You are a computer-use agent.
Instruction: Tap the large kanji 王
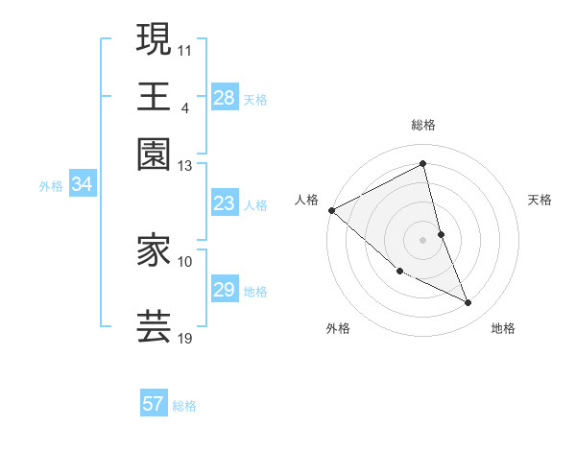click(x=154, y=96)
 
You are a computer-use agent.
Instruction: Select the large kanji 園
click(x=154, y=154)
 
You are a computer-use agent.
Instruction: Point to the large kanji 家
click(x=154, y=251)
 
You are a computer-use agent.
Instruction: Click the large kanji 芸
click(x=154, y=326)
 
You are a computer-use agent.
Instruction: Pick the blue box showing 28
click(x=225, y=98)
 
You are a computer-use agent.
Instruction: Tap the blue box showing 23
click(x=225, y=203)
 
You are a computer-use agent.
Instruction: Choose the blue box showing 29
click(x=225, y=290)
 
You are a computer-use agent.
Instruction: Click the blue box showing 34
click(x=82, y=185)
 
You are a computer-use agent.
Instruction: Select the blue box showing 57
click(x=154, y=405)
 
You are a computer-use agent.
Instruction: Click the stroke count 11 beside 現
click(x=184, y=48)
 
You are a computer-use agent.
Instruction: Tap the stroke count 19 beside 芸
click(x=185, y=338)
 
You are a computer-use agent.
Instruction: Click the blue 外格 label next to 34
click(x=51, y=186)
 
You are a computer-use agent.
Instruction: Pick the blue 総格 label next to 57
click(x=184, y=406)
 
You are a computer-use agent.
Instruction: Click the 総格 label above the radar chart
click(x=423, y=126)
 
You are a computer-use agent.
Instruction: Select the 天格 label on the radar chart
click(x=540, y=200)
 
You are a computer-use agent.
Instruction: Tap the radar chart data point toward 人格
click(x=332, y=210)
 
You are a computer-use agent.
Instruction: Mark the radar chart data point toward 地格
click(x=468, y=303)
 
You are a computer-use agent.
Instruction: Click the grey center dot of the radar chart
click(x=423, y=239)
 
